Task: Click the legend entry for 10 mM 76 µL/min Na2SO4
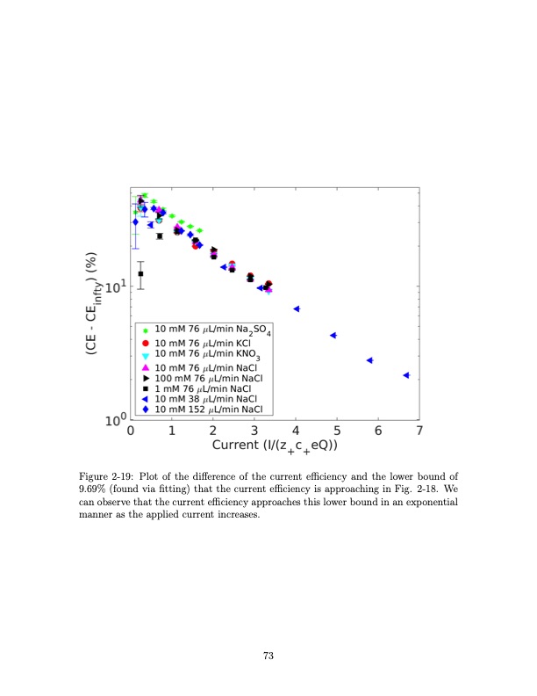tap(211, 330)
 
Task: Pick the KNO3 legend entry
tap(204, 354)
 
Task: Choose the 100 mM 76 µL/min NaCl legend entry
tap(208, 377)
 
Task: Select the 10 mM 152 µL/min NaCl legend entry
tap(208, 409)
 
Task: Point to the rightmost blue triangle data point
tap(406, 375)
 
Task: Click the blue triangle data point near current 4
tap(297, 309)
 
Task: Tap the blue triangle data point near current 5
tap(333, 336)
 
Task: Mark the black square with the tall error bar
tap(140, 274)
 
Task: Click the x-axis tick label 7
tap(419, 431)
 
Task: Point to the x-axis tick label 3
tap(254, 431)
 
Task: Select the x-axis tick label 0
tap(131, 431)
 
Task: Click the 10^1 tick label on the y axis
tap(117, 286)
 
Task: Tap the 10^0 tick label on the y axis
tap(116, 420)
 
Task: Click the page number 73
tap(268, 654)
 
